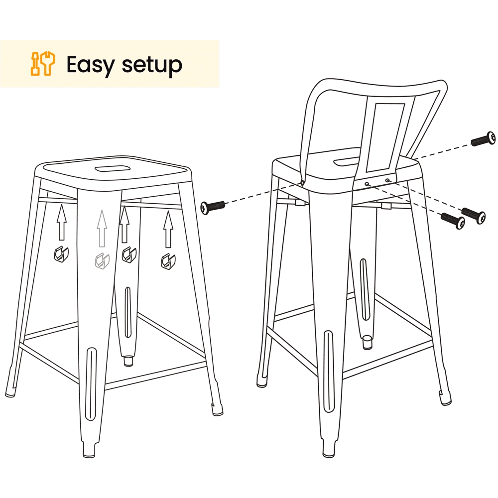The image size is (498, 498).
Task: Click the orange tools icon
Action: (42, 64)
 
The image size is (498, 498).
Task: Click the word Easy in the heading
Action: (90, 65)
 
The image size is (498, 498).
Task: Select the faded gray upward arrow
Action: (102, 229)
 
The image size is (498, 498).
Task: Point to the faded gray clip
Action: (102, 261)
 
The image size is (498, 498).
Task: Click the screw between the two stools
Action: (213, 207)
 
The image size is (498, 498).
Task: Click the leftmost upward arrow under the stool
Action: (62, 222)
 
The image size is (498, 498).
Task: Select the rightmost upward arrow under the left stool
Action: (168, 229)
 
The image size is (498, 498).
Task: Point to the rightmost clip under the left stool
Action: (168, 261)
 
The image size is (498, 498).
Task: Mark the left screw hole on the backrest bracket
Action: (367, 184)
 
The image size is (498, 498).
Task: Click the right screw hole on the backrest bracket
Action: (387, 180)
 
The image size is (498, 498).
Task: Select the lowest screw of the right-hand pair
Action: (453, 221)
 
